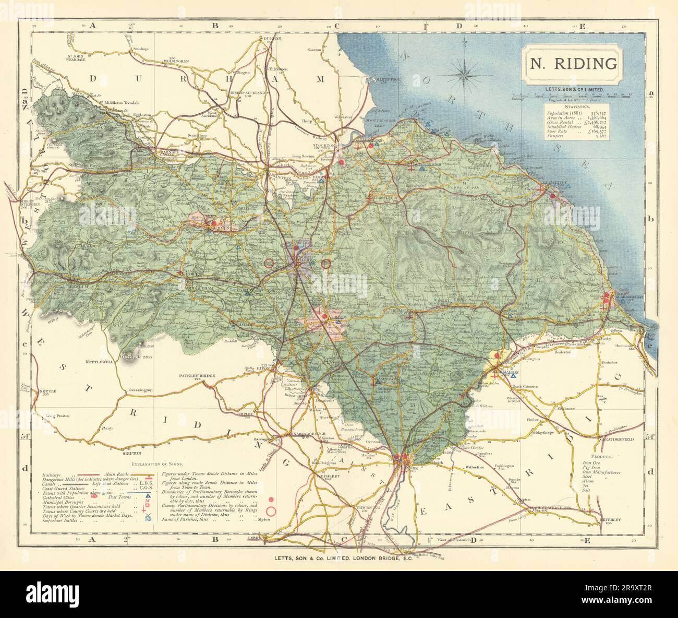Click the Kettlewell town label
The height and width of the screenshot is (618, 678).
pyautogui.click(x=100, y=361)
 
